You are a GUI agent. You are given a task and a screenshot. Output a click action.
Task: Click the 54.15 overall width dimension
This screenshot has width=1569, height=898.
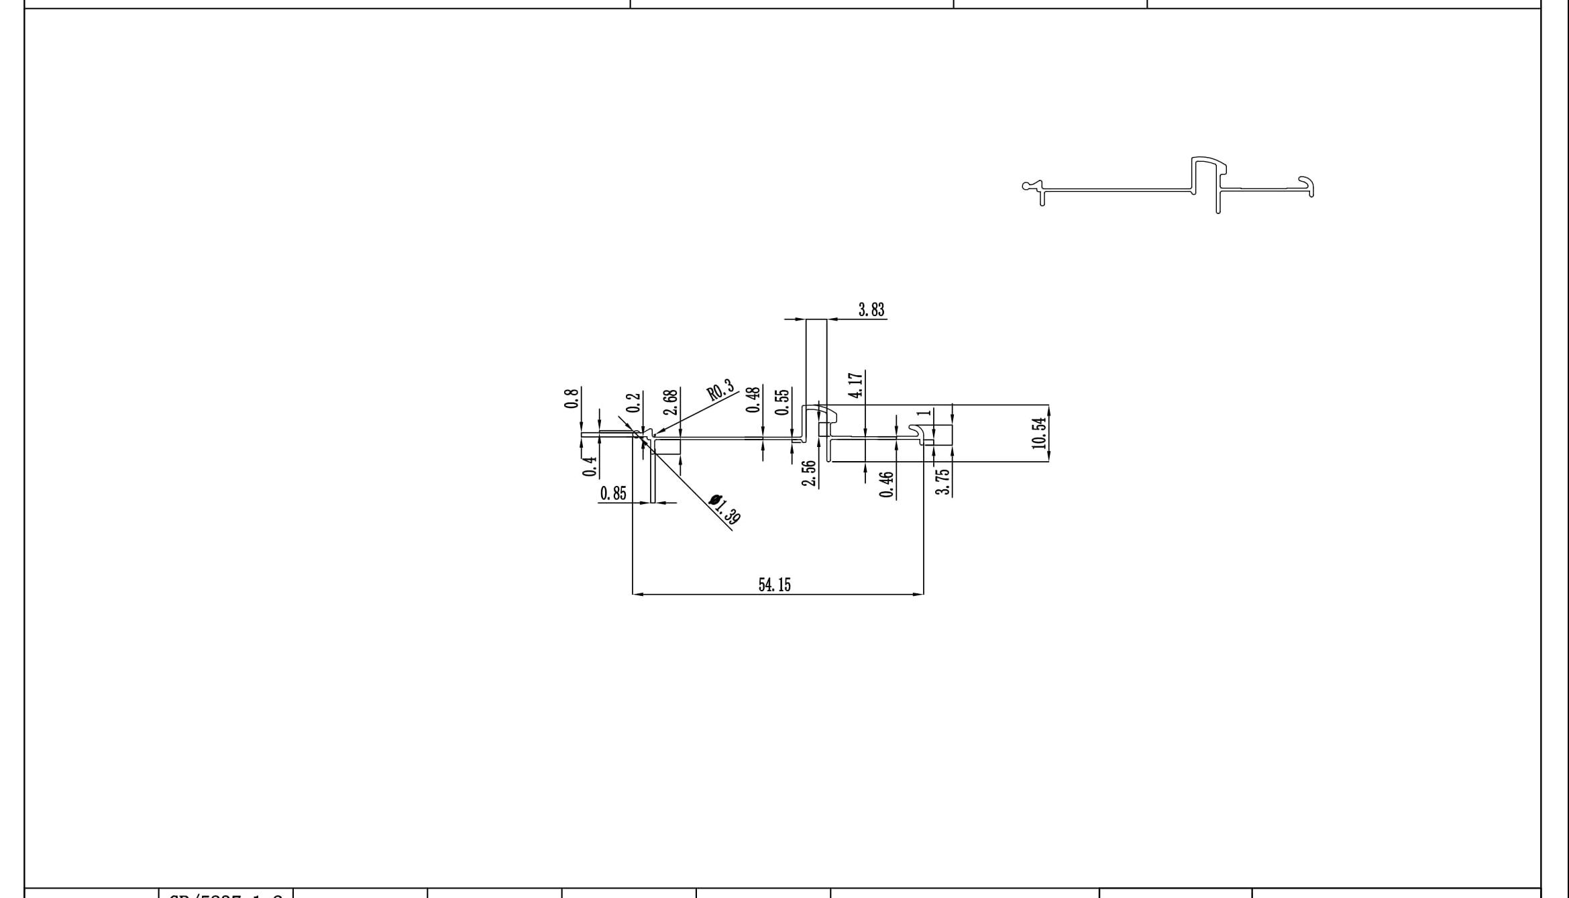pos(774,585)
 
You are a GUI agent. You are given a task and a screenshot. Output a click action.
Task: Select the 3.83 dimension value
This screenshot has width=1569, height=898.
pos(871,309)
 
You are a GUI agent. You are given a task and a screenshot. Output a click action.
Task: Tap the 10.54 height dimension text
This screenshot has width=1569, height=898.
pos(1039,433)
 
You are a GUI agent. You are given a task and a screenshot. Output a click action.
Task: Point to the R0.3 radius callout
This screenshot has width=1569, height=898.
pos(720,391)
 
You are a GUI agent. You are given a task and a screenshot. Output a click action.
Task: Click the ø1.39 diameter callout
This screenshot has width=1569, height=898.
pos(725,509)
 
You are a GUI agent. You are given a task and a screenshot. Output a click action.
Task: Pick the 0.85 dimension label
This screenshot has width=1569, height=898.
pos(613,494)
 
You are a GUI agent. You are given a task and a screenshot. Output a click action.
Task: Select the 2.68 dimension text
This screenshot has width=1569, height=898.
pos(670,403)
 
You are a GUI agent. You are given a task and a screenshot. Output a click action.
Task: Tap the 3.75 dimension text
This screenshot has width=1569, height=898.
pos(942,482)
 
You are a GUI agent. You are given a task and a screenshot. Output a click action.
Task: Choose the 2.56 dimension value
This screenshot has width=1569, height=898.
pos(809,474)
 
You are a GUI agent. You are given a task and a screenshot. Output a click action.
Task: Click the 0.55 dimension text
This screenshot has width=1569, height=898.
pos(781,401)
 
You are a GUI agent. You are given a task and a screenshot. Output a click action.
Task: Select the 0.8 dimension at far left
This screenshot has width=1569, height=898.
pos(572,398)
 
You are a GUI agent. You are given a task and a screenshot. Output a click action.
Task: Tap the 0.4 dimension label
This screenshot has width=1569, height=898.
pos(590,466)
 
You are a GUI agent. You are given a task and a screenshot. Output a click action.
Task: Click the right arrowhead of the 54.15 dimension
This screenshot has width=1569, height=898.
pos(918,594)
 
